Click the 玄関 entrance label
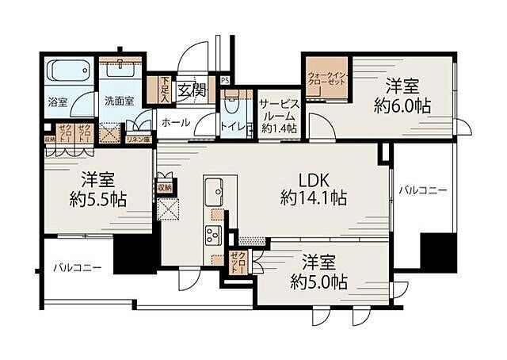[191, 89]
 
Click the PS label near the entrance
[225, 80]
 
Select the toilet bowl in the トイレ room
[232, 105]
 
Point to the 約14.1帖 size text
[313, 199]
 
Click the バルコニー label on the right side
[422, 190]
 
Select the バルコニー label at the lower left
[77, 268]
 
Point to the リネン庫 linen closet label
[138, 138]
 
